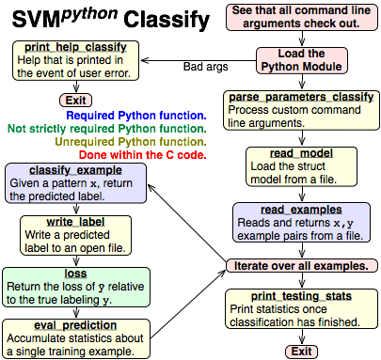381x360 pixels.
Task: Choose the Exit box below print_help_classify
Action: pos(74,100)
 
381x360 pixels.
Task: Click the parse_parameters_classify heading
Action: pos(300,98)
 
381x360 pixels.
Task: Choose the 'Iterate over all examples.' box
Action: pos(300,266)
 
